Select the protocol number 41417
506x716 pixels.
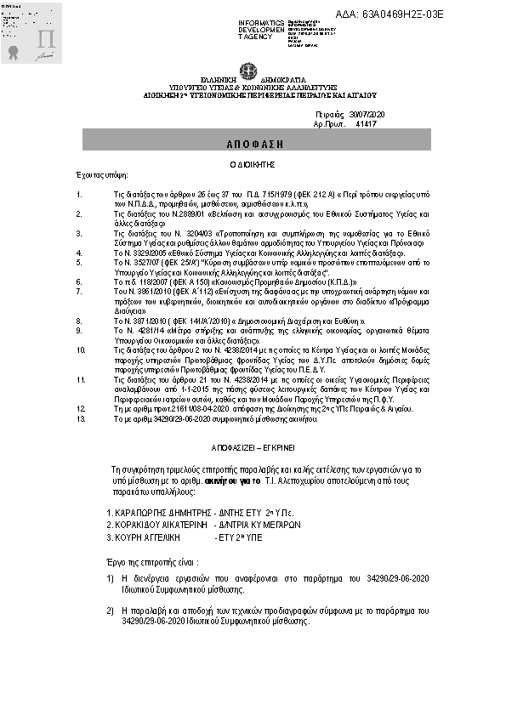point(365,124)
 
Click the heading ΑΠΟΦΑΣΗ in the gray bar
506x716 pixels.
point(253,141)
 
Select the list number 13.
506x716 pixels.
point(81,419)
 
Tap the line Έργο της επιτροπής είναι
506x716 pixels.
point(154,562)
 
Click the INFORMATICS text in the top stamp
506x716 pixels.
point(261,20)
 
